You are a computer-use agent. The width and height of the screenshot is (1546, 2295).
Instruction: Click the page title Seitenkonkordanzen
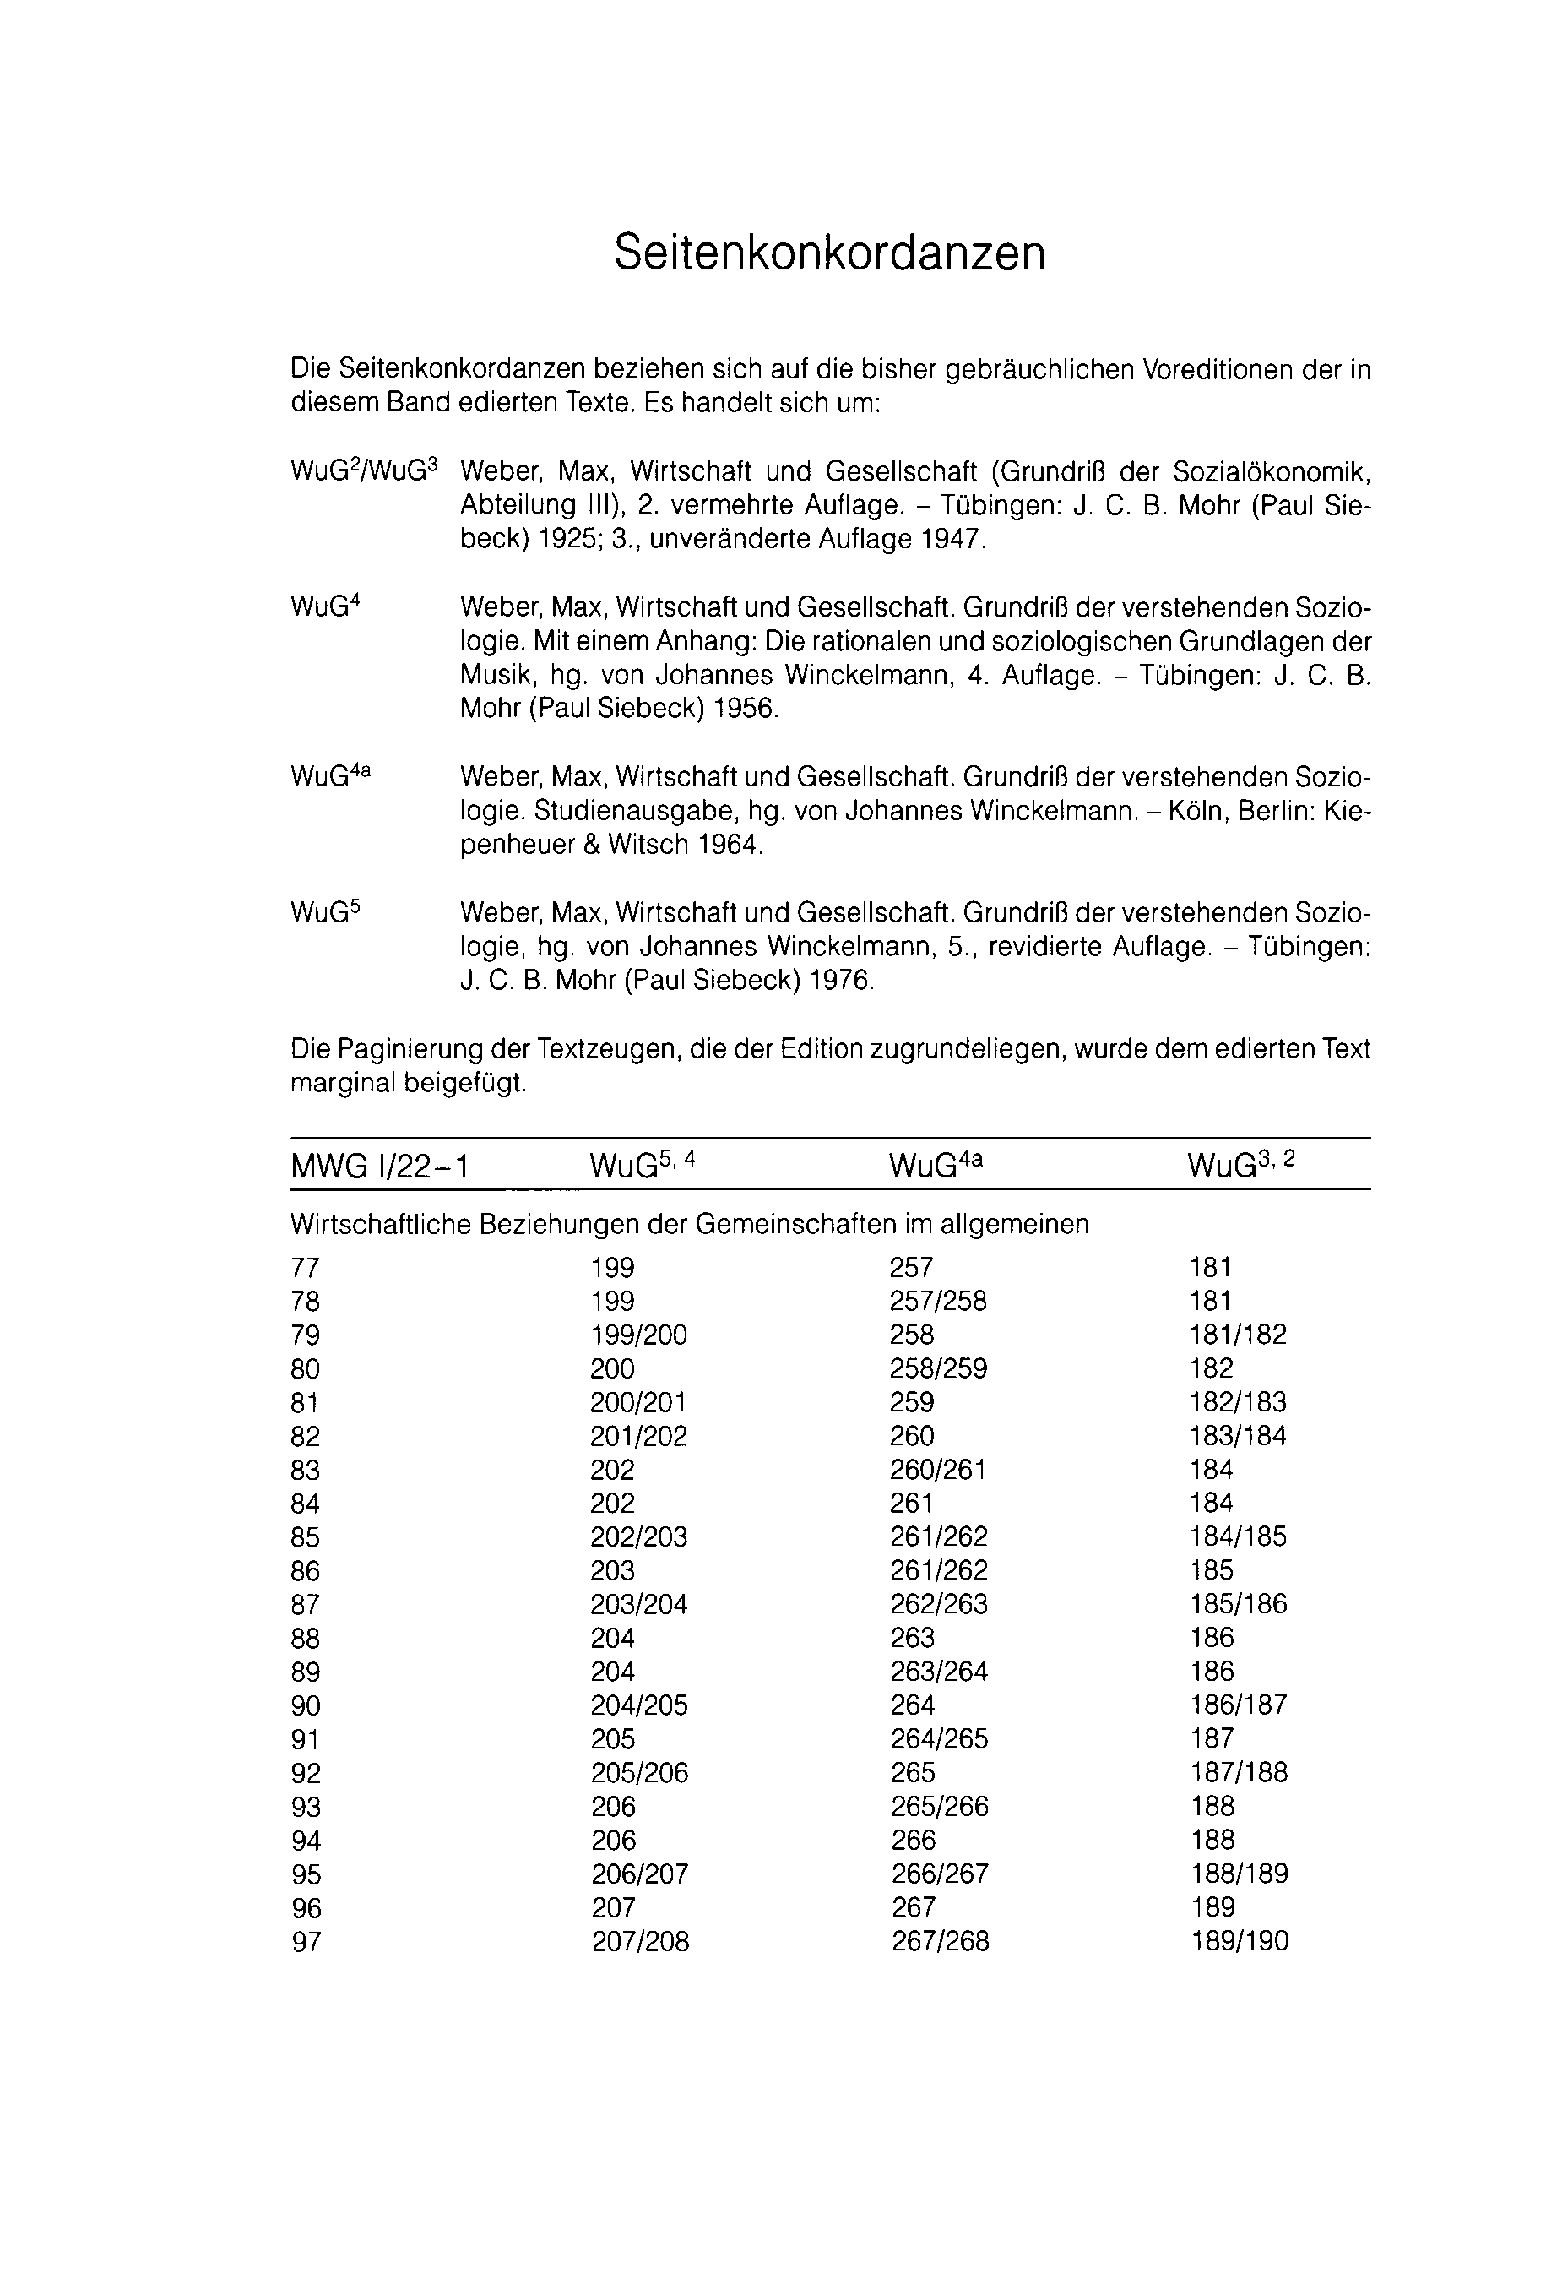pos(828,253)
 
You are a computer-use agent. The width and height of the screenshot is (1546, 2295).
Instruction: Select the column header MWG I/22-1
pos(380,1167)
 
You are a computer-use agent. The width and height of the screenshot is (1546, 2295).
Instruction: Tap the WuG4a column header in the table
pos(936,1166)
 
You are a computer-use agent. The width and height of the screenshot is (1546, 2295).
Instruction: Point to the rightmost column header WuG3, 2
pos(1241,1166)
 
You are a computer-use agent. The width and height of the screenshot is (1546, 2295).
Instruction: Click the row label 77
pos(306,1269)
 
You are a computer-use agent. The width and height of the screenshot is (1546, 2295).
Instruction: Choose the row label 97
pos(306,1942)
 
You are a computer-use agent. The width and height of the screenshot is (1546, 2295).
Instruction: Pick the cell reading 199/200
pos(639,1335)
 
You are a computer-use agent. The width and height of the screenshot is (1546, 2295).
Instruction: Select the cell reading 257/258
pos(938,1302)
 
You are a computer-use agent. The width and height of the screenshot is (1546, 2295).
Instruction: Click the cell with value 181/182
pos(1239,1335)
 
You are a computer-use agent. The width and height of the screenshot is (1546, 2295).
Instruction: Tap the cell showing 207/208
pos(640,1942)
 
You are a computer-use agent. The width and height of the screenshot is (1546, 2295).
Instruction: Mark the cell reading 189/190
pos(1240,1942)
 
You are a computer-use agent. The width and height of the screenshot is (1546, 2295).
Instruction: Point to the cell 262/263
pos(938,1605)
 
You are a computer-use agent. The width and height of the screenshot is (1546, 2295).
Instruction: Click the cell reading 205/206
pos(639,1773)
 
